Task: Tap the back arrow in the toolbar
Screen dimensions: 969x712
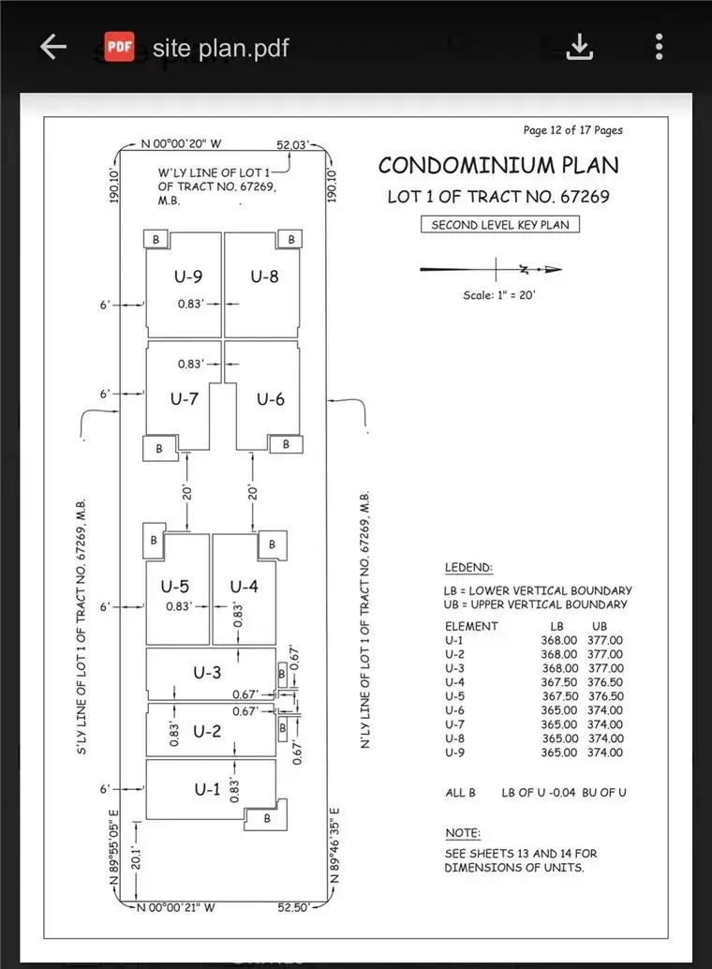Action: point(52,47)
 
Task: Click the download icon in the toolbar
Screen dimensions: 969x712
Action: point(580,47)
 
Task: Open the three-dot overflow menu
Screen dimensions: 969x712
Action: point(660,47)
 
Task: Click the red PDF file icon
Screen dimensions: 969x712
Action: point(117,47)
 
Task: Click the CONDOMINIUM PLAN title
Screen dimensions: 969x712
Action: point(498,166)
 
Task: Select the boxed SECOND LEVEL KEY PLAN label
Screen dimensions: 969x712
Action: point(499,225)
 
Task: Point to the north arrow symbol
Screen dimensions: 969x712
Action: point(492,270)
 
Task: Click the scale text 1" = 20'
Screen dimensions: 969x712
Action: point(499,295)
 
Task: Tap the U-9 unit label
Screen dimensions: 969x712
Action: point(188,276)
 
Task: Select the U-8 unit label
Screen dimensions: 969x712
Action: point(264,276)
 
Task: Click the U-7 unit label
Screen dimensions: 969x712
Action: point(184,398)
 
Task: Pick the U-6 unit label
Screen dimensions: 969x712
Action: point(271,399)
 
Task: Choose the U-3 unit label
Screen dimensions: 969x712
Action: point(207,673)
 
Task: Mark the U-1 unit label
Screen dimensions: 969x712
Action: point(207,790)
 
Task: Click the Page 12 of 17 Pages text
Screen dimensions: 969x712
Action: point(572,130)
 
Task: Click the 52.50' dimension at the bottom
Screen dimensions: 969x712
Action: point(293,907)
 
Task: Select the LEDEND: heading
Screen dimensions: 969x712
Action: point(467,568)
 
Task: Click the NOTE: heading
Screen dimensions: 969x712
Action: point(462,833)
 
